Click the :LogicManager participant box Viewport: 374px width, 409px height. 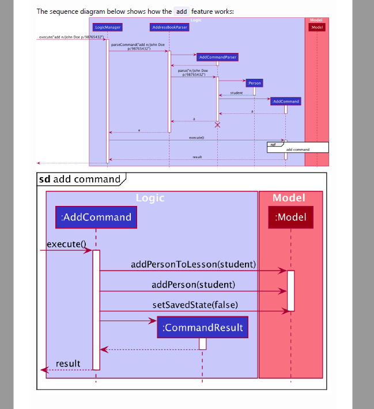coord(108,27)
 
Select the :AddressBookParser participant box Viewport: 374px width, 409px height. coord(169,27)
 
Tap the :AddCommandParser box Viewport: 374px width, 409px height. coord(217,58)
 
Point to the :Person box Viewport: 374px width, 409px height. coord(254,83)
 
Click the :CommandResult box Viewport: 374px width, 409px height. coord(202,328)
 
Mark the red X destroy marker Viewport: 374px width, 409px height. coord(217,125)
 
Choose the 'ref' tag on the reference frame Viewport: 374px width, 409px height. coord(273,145)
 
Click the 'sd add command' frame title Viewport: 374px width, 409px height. coord(80,179)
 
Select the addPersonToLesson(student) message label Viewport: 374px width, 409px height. coord(193,265)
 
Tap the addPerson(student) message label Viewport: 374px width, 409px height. coord(193,285)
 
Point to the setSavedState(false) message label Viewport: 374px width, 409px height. coord(195,305)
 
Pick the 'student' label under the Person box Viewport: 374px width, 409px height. coord(236,93)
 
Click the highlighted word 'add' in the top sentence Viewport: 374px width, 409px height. coord(182,11)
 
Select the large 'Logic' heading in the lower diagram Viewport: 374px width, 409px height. coord(150,198)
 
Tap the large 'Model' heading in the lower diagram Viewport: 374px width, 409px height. coord(289,198)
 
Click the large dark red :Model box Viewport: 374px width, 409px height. coord(290,217)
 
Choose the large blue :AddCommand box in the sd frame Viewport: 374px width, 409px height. coord(96,217)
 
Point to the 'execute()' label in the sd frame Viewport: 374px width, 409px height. coord(66,244)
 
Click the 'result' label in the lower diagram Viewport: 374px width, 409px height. coord(68,364)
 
